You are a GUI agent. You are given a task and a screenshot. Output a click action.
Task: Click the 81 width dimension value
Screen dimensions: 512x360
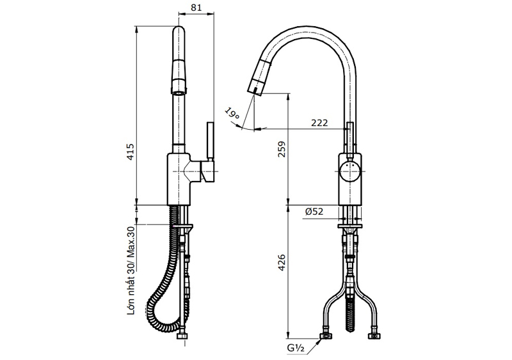[x=196, y=8]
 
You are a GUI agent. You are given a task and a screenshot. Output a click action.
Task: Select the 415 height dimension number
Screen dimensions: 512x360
[x=131, y=152]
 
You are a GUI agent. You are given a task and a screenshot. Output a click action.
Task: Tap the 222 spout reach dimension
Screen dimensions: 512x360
[x=319, y=123]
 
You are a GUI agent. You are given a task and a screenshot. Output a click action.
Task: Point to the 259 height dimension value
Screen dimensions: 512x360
[x=281, y=149]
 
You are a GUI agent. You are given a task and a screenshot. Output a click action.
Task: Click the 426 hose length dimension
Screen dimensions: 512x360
[x=281, y=263]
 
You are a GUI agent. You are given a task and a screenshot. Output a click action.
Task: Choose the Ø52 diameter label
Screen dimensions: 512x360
[x=314, y=212]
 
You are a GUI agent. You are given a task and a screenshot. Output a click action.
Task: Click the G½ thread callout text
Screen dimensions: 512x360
[x=296, y=348]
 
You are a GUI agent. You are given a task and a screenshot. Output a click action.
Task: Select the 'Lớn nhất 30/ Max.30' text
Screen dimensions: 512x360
[x=131, y=270]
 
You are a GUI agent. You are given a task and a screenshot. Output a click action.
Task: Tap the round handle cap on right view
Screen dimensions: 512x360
[x=349, y=171]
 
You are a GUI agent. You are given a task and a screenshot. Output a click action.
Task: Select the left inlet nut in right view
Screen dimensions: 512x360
[x=326, y=336]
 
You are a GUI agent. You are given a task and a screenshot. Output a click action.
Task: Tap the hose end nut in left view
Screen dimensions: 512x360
[x=182, y=336]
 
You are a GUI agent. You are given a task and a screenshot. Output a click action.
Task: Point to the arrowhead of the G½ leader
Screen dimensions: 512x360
[x=321, y=341]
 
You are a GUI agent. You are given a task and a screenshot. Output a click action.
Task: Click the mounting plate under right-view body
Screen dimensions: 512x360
[x=349, y=226]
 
